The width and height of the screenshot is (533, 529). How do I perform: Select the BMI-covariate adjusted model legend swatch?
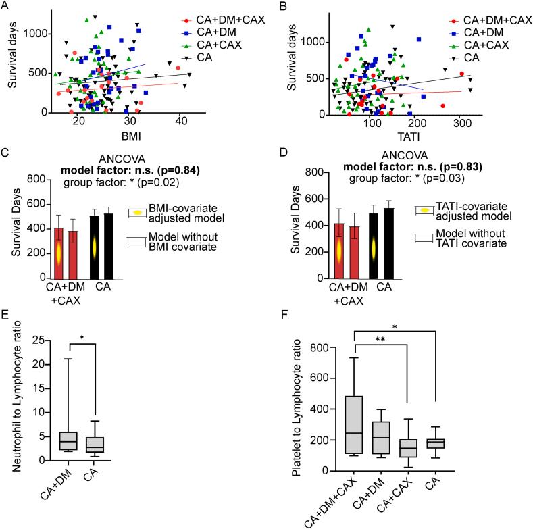click(137, 211)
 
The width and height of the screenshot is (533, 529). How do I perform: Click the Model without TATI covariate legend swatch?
click(424, 237)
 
